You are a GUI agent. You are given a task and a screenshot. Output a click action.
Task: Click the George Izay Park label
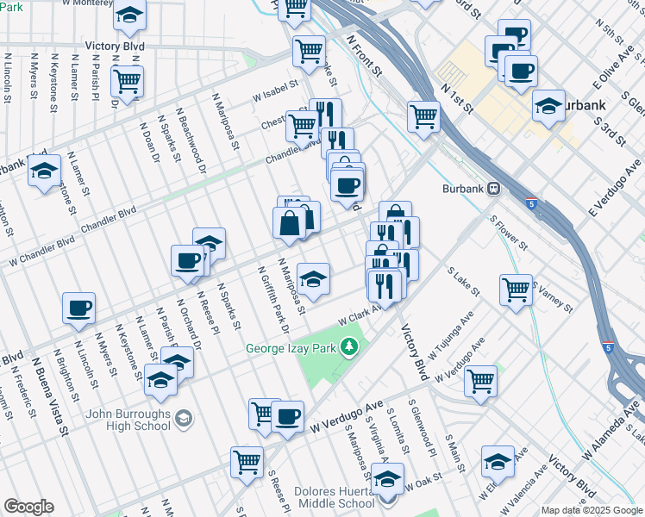point(292,349)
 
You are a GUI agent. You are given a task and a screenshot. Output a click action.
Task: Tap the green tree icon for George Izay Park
point(349,347)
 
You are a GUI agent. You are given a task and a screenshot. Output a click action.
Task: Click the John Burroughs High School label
point(128,419)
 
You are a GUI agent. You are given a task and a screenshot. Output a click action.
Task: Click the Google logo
point(28,507)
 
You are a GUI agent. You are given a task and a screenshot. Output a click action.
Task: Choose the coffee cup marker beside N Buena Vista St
point(78,307)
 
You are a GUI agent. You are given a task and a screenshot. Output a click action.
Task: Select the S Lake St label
point(464,281)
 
